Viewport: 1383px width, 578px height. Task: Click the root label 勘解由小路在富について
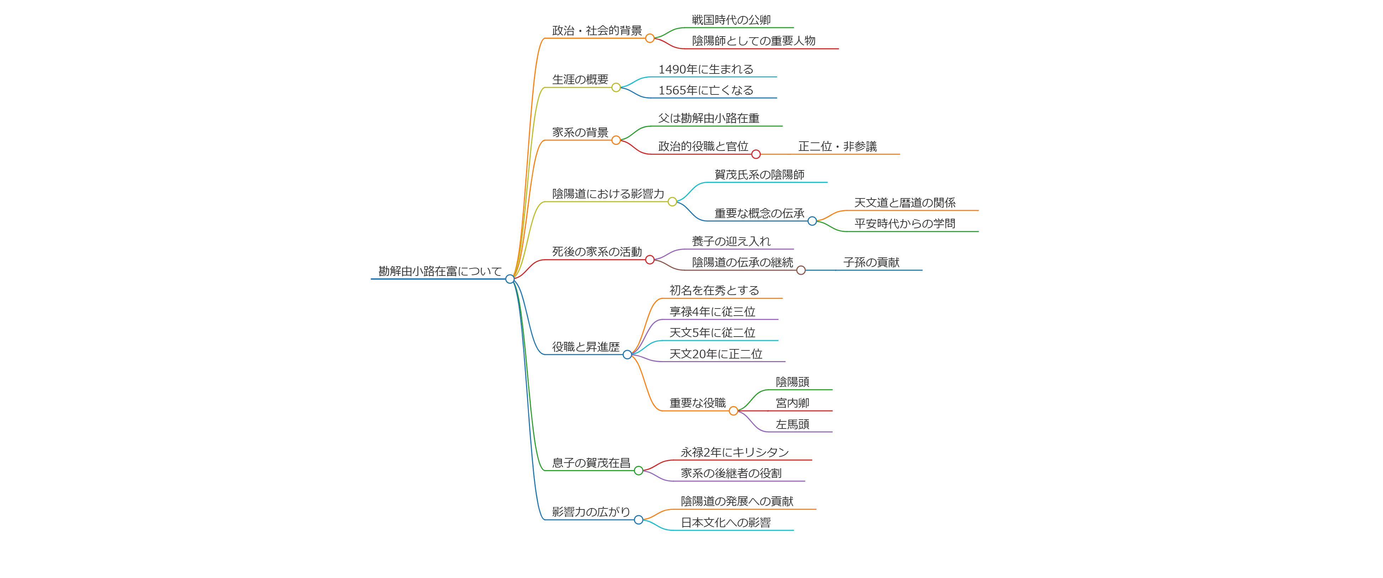click(x=440, y=271)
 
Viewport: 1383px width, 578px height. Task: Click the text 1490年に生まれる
click(x=705, y=69)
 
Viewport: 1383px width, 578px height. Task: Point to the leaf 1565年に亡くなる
click(x=705, y=90)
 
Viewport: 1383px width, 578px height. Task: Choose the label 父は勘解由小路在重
click(x=708, y=118)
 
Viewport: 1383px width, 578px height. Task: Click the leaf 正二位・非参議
click(x=837, y=147)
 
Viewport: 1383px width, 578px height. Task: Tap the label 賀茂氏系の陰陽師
click(x=759, y=175)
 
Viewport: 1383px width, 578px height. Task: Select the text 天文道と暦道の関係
click(x=904, y=202)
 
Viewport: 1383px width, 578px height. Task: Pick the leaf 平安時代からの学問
click(x=904, y=223)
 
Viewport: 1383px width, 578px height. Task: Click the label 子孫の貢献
click(x=871, y=262)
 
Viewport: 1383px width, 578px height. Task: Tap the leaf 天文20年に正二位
click(x=716, y=354)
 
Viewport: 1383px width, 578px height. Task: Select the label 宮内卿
click(x=792, y=403)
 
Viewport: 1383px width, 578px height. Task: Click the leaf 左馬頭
click(x=792, y=424)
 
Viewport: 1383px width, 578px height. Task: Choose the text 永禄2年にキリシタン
click(x=734, y=452)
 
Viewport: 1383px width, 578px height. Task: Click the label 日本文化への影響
click(x=725, y=523)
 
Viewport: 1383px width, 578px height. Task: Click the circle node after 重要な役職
click(x=733, y=411)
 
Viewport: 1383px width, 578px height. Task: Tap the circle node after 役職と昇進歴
click(x=627, y=355)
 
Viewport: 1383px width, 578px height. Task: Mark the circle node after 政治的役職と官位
click(x=756, y=154)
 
